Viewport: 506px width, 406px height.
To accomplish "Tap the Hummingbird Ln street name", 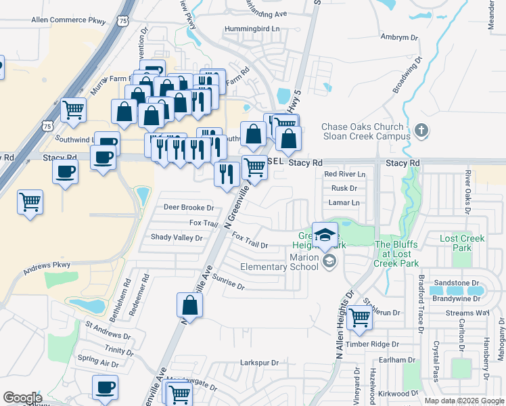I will pos(252,29).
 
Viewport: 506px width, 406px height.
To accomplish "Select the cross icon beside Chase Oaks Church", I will pos(421,130).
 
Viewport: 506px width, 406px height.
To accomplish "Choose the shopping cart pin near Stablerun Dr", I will pos(359,317).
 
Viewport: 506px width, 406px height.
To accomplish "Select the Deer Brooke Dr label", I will pos(189,208).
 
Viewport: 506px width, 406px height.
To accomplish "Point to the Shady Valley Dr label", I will pos(177,238).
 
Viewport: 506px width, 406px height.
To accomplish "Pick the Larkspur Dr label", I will pos(260,363).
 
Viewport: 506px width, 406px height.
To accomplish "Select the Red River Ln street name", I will pos(344,174).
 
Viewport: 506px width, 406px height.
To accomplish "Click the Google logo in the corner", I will pos(22,398).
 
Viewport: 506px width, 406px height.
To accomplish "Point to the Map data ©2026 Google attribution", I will pos(464,401).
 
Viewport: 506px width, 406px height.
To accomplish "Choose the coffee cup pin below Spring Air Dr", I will pos(105,387).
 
